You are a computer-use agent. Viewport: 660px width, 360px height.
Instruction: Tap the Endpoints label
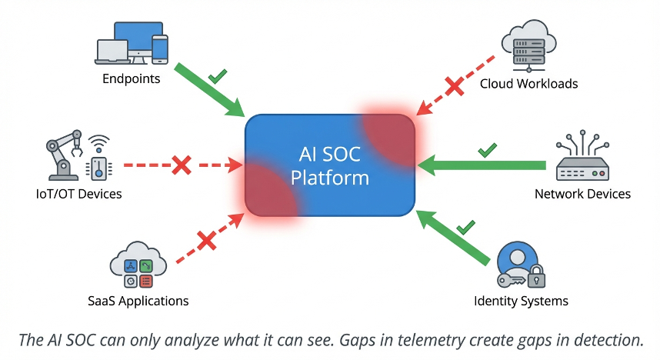132,78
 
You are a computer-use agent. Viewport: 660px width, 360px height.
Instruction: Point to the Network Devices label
582,194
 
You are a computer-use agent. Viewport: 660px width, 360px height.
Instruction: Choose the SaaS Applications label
138,301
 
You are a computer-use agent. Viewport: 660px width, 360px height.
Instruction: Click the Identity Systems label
521,301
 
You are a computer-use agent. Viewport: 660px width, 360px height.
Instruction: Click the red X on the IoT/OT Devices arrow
181,165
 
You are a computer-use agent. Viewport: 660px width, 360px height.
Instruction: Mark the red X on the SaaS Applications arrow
205,242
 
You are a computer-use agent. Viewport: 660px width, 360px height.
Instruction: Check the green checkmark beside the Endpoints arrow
218,75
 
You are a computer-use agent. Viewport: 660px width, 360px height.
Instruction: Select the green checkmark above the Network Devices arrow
487,149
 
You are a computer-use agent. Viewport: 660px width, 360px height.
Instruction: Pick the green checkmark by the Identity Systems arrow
465,227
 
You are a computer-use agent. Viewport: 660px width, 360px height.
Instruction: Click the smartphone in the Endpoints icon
160,49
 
